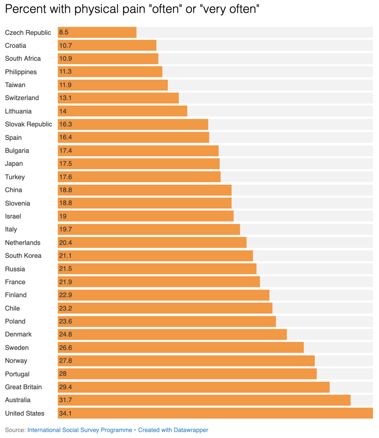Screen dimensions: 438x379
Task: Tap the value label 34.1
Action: coord(65,413)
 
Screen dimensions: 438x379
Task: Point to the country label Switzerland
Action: coord(22,98)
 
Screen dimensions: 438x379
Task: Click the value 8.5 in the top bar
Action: coord(64,32)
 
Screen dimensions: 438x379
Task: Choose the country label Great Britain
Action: coord(23,387)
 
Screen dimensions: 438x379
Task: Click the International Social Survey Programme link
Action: coord(80,430)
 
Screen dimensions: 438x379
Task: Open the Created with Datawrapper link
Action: coord(173,430)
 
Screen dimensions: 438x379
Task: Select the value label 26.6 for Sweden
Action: coord(65,347)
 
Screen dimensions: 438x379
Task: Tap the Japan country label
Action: coord(14,164)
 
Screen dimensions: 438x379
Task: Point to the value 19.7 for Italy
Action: coord(65,229)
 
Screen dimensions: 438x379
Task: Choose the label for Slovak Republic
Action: coord(28,124)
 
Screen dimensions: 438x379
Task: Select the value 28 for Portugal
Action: coord(63,374)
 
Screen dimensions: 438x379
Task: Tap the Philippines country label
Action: coord(21,72)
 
